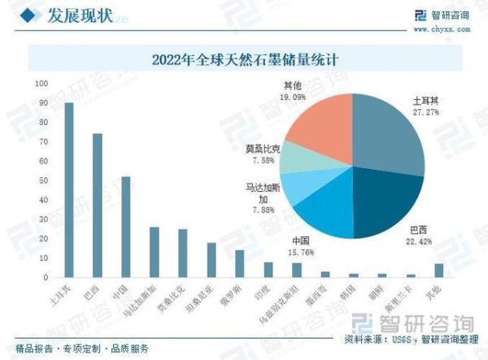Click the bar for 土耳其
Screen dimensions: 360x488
click(x=68, y=190)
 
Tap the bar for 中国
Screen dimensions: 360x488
click(x=125, y=227)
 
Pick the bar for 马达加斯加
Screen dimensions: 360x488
click(x=154, y=252)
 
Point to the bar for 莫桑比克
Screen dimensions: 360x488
click(x=182, y=253)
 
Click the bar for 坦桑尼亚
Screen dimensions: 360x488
click(x=211, y=260)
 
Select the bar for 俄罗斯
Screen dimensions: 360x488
click(x=239, y=263)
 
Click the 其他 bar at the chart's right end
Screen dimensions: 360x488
click(x=438, y=270)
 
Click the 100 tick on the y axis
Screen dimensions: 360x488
click(x=40, y=84)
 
